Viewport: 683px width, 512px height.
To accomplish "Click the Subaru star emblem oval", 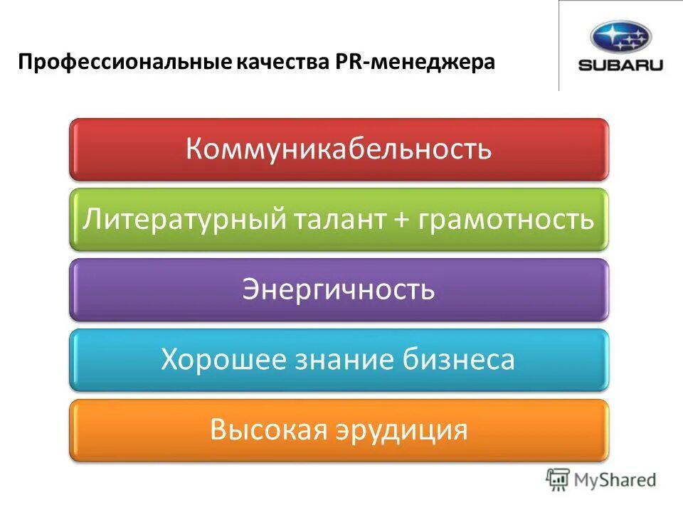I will coord(620,38).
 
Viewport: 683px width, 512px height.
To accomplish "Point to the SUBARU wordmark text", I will coord(620,65).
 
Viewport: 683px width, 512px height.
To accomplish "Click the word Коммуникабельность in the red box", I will coord(339,149).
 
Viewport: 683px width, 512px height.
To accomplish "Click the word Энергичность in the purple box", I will coord(339,289).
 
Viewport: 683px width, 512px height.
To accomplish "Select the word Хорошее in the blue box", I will coord(217,360).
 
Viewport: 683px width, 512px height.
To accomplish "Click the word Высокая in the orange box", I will coord(263,430).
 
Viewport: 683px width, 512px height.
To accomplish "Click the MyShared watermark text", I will coord(616,480).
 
